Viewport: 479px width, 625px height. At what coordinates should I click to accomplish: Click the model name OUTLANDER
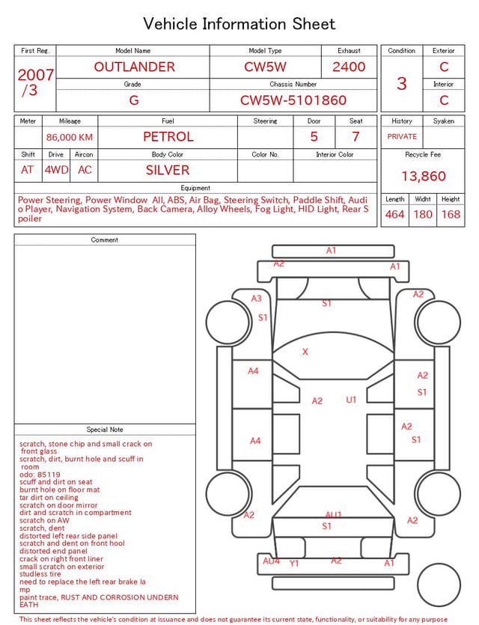coord(134,67)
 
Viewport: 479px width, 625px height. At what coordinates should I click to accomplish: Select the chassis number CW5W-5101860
coord(293,100)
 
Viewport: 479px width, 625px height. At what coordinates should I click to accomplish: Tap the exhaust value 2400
coord(349,67)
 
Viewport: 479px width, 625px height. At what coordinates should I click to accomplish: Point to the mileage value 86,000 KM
coord(70,138)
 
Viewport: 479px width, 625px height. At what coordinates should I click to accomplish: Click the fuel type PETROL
coord(168,137)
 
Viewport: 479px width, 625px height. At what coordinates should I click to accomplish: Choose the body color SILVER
coord(168,170)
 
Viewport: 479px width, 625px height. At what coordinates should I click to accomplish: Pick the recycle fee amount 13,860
coord(423,176)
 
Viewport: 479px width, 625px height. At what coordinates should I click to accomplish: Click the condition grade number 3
coord(402,84)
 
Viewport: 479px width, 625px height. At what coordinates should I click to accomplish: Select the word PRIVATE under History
coord(402,137)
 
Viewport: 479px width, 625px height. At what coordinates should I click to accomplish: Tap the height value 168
coord(451,214)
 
